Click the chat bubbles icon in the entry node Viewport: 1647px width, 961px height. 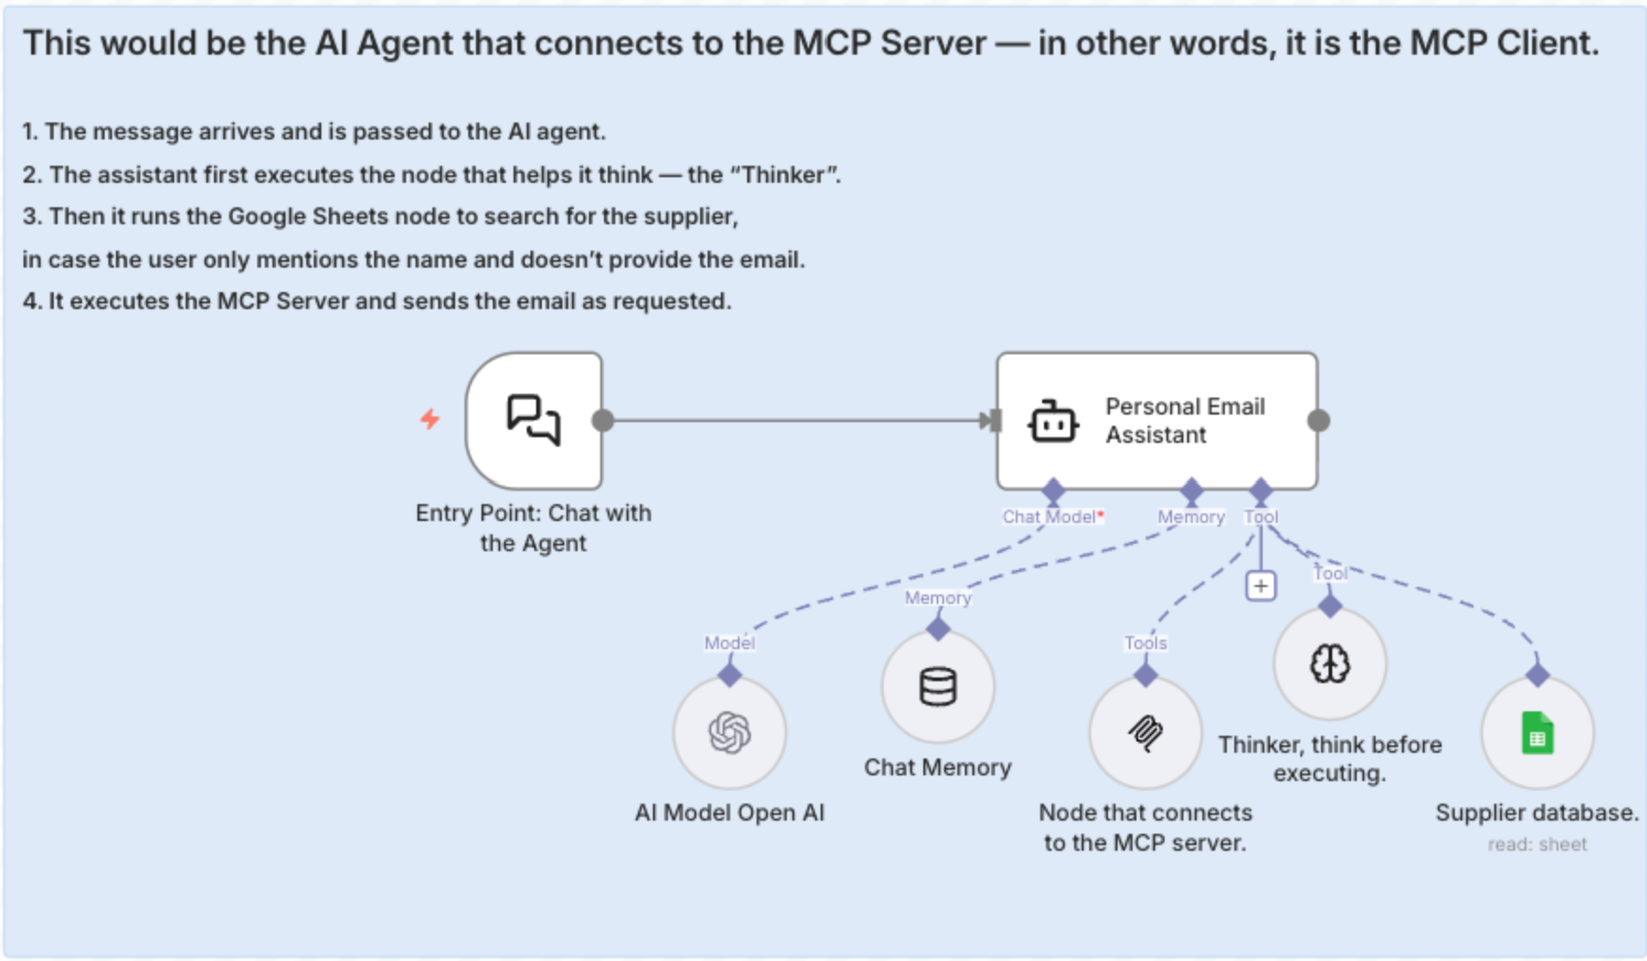[x=533, y=419]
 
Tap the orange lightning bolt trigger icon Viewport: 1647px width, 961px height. [x=430, y=418]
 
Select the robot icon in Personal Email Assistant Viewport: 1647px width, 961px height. [x=1052, y=421]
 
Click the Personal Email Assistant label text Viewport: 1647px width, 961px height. [x=1184, y=420]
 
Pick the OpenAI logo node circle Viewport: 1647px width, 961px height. [x=729, y=733]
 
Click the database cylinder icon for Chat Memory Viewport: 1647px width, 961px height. [x=938, y=687]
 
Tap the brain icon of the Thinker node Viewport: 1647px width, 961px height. [x=1329, y=664]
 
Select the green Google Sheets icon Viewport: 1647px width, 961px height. [x=1537, y=733]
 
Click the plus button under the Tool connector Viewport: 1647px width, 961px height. [x=1261, y=586]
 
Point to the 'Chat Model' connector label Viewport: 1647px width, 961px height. [x=1049, y=516]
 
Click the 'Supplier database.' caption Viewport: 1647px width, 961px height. [x=1537, y=813]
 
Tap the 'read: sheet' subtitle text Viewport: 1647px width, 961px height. [x=1537, y=845]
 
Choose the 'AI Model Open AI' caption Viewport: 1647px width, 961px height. [x=729, y=813]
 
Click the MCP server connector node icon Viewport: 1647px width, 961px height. [x=1145, y=733]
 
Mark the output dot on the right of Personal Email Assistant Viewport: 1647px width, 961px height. [x=1319, y=420]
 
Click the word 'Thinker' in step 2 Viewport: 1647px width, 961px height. [x=784, y=175]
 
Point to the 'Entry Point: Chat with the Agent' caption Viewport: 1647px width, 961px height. [x=533, y=528]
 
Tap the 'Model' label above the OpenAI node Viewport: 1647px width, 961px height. [x=729, y=643]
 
